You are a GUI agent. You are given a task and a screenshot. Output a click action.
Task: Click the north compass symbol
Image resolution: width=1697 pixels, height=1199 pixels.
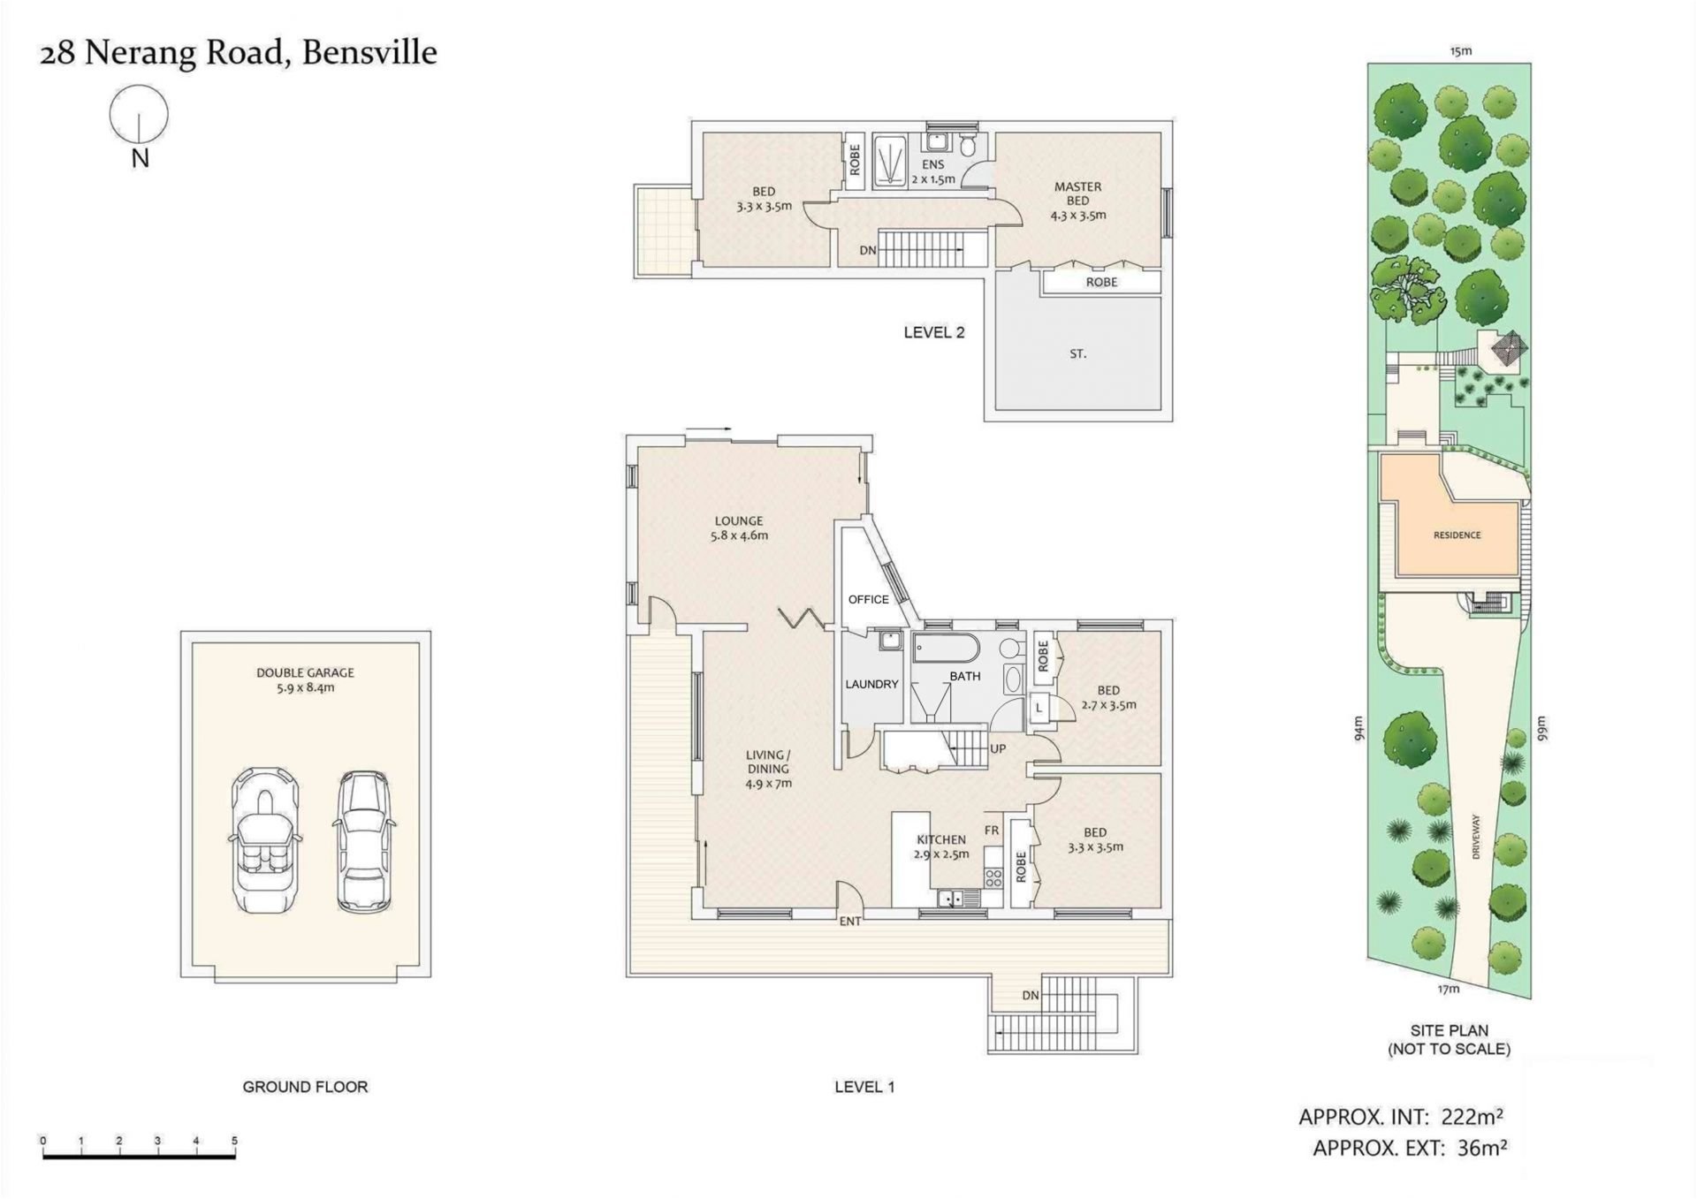139,114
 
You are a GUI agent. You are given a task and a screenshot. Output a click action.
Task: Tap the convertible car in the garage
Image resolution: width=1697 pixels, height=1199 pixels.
265,840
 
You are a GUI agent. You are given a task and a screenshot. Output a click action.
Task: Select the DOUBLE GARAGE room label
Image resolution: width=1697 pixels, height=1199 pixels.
305,679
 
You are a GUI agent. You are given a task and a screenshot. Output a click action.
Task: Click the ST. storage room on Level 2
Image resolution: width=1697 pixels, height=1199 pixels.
1078,353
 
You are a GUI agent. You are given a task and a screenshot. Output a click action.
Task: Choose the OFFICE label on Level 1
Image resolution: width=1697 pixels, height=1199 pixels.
868,599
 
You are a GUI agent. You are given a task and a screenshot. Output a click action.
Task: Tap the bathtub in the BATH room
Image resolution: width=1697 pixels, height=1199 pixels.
946,648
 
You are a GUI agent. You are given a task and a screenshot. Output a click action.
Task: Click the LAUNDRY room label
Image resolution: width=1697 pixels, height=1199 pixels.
871,684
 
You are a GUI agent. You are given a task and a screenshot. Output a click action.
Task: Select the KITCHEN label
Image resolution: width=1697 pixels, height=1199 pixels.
941,839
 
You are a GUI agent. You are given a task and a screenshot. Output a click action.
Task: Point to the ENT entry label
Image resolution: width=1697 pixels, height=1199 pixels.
849,922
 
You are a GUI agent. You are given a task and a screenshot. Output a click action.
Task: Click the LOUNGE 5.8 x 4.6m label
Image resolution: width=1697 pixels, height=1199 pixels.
739,527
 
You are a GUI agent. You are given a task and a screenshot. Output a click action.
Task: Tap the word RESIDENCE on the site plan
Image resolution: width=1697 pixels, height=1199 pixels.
1457,535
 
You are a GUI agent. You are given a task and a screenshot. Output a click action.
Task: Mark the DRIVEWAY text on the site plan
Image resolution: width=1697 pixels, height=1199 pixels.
1475,836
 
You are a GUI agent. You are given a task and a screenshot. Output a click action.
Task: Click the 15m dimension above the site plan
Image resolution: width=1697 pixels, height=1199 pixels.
1461,51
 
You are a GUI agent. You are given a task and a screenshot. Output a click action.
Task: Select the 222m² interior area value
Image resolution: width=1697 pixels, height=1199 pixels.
1472,1117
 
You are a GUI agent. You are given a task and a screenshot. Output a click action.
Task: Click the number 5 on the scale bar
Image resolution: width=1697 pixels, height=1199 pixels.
234,1141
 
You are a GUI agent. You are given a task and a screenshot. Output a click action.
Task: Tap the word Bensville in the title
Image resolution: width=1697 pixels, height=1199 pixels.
369,52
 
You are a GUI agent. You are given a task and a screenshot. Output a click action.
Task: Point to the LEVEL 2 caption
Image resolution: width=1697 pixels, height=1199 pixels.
934,332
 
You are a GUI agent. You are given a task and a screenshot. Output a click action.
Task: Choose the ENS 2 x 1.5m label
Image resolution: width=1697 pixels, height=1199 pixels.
933,171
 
